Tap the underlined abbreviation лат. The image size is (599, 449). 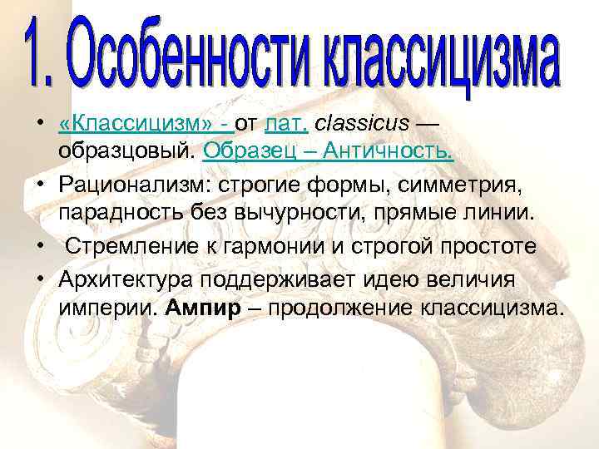(286, 125)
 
